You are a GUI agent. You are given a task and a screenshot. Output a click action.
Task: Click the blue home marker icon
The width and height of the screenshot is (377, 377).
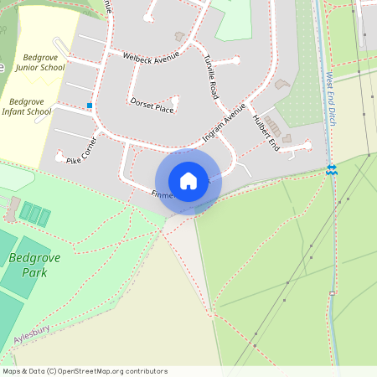click(188, 180)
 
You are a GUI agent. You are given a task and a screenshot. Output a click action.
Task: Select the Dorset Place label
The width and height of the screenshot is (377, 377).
click(152, 104)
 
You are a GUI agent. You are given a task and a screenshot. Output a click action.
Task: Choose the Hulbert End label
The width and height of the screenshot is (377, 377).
click(266, 132)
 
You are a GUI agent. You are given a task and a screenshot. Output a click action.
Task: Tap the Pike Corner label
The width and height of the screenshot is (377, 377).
click(81, 148)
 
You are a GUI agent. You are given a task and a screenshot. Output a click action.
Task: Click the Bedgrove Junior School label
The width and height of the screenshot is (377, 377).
click(39, 62)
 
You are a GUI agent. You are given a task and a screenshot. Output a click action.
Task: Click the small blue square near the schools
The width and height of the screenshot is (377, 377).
click(89, 106)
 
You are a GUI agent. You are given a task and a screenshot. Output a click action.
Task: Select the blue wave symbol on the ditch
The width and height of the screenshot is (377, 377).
click(332, 170)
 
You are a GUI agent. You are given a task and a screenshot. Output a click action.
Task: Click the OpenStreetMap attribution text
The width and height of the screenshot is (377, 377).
click(85, 371)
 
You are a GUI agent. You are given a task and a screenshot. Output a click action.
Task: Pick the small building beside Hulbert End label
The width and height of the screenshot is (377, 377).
click(287, 137)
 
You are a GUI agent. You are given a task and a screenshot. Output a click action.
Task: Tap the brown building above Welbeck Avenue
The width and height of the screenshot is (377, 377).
click(178, 36)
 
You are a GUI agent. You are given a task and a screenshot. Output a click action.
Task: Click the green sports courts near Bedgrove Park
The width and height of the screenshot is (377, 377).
click(34, 214)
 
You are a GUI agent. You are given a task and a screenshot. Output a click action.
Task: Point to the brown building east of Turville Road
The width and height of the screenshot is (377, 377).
click(282, 85)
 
